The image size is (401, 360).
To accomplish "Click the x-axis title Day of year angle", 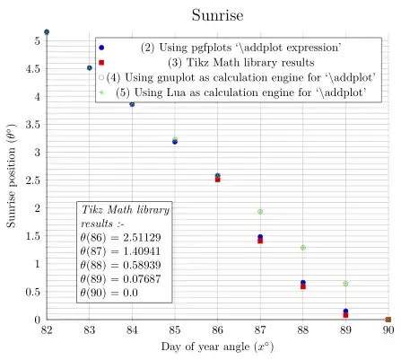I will tap(216, 347).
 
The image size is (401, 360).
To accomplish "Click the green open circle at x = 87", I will tap(260, 212).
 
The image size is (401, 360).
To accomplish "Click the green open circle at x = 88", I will tap(303, 248).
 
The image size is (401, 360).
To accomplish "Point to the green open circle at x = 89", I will tap(345, 284).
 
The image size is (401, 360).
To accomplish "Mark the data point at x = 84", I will tap(132, 104).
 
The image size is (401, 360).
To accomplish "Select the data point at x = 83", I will tap(90, 68).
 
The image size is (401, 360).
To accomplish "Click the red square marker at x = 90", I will tap(388, 320).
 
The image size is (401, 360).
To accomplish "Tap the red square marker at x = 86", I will tap(218, 180).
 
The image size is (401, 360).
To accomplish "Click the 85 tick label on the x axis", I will tap(175, 331).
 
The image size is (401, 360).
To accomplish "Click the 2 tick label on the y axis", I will tap(37, 208).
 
